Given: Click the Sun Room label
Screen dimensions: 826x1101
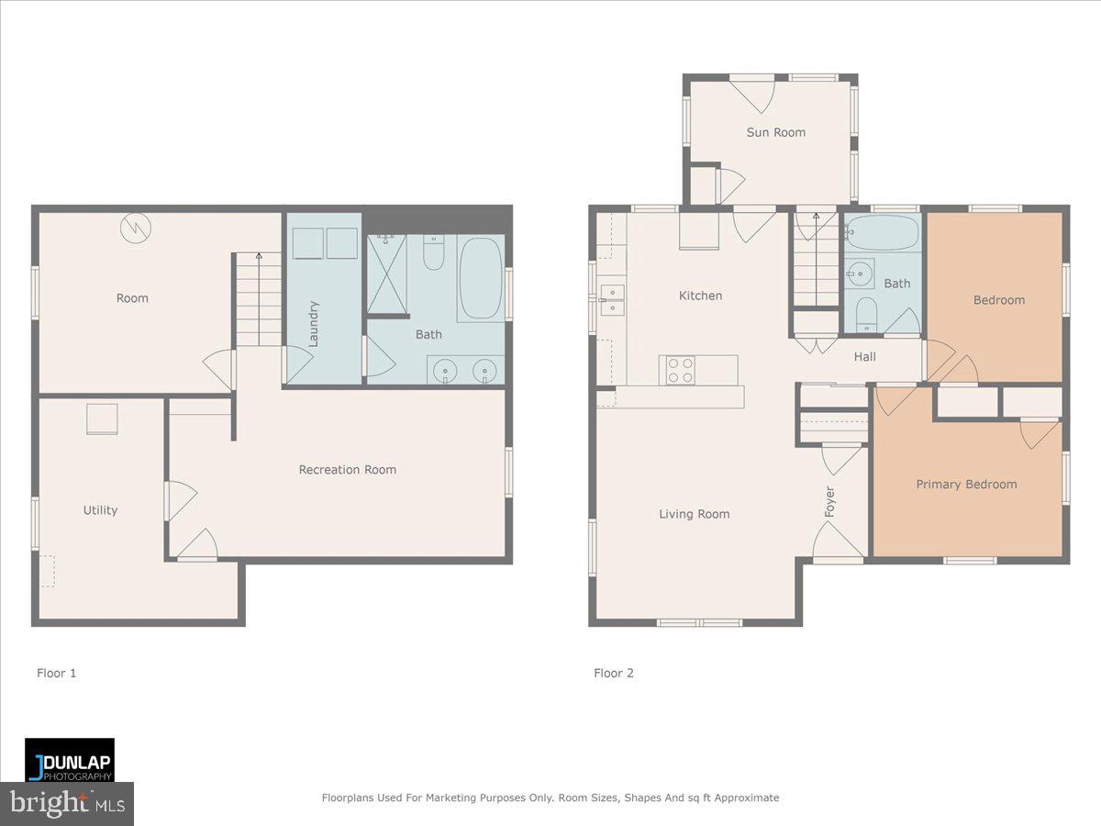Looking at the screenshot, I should (775, 132).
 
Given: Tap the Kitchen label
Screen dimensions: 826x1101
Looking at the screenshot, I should (700, 296).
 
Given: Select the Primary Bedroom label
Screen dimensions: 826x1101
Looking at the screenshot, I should (966, 484).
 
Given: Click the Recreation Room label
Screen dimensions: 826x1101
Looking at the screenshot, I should (347, 469).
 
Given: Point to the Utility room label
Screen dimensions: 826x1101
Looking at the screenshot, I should (100, 510).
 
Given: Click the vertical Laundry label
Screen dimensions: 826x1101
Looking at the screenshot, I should (313, 323).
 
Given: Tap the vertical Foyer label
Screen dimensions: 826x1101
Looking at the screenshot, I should (829, 501).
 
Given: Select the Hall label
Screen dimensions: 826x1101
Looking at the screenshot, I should (864, 357).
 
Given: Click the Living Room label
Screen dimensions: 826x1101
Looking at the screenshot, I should (694, 514).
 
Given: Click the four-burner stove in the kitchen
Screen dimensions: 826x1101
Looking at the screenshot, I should (680, 370).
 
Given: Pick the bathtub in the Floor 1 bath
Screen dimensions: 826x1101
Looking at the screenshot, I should (480, 278).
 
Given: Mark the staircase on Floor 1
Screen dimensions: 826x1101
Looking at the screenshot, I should (259, 299).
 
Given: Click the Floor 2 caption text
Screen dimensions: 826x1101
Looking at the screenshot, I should (613, 673).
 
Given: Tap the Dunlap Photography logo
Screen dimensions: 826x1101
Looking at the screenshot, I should (70, 760).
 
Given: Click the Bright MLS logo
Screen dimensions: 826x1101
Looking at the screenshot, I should (67, 804).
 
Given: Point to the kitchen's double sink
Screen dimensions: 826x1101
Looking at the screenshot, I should (613, 299).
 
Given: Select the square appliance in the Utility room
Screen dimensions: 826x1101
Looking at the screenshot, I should (102, 419).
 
